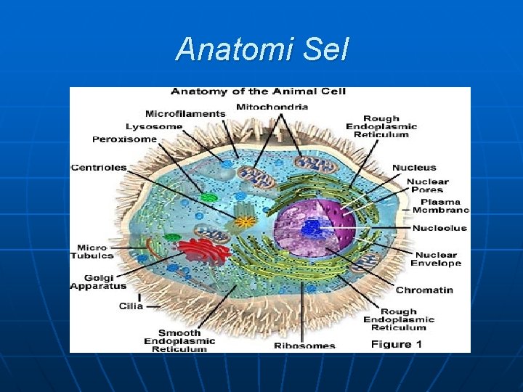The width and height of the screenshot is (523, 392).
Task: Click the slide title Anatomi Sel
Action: point(262,50)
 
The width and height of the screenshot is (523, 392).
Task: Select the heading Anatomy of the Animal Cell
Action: point(258,91)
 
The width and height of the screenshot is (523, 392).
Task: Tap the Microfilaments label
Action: point(185,113)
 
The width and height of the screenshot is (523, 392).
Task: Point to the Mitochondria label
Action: point(272,107)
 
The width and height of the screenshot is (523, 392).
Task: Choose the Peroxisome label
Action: point(124,139)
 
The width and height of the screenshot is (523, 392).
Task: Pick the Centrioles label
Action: point(99,168)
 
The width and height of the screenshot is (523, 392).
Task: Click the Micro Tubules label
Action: point(92,251)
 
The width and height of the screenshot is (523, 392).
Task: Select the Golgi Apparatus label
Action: point(98,282)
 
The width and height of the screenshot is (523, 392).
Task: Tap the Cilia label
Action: point(131,306)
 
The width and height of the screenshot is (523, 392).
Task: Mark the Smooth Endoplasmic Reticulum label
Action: point(179,341)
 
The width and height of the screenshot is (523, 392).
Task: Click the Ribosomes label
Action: point(304,346)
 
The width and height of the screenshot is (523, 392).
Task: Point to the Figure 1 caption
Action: point(397,344)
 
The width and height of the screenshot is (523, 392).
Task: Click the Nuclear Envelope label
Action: point(436,258)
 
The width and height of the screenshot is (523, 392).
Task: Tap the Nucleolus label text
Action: point(439,228)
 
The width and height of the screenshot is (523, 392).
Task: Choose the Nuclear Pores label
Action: point(428,186)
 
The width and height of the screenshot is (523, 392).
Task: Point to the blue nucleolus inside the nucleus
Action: point(313,228)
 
